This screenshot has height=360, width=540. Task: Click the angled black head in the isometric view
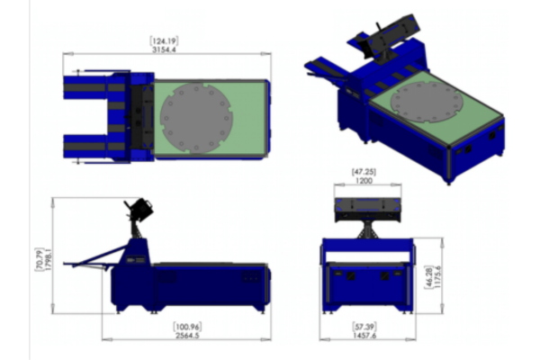[387, 33]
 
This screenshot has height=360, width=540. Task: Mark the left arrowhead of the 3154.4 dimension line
[66, 55]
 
